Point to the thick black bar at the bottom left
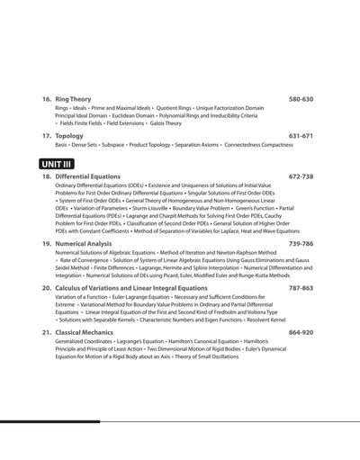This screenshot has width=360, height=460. coord(49,421)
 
